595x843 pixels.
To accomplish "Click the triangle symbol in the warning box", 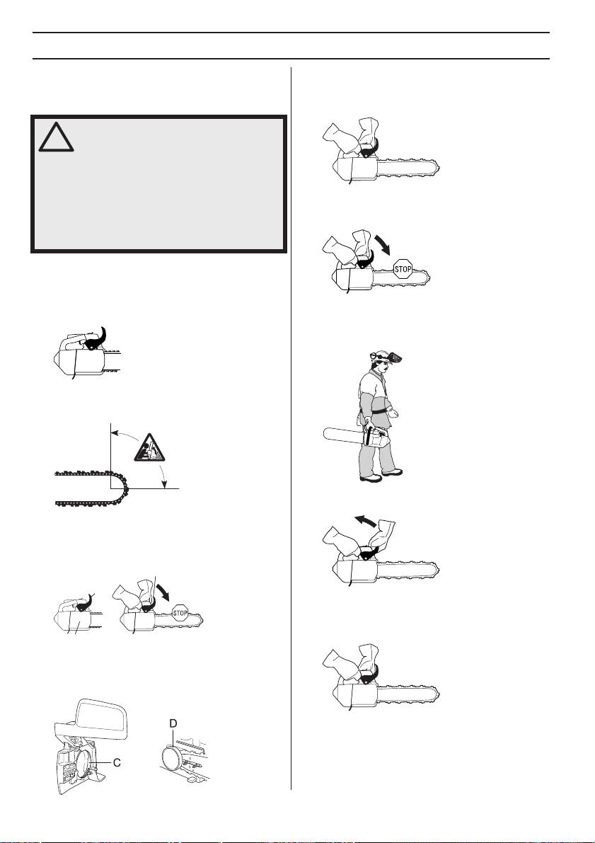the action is [56, 137].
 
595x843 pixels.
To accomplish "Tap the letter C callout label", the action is [117, 762].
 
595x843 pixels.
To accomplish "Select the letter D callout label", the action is [173, 724].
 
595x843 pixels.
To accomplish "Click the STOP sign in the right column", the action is [403, 269].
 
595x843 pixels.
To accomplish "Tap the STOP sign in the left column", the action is [180, 612].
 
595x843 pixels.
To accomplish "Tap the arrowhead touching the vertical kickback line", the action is [115, 431].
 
